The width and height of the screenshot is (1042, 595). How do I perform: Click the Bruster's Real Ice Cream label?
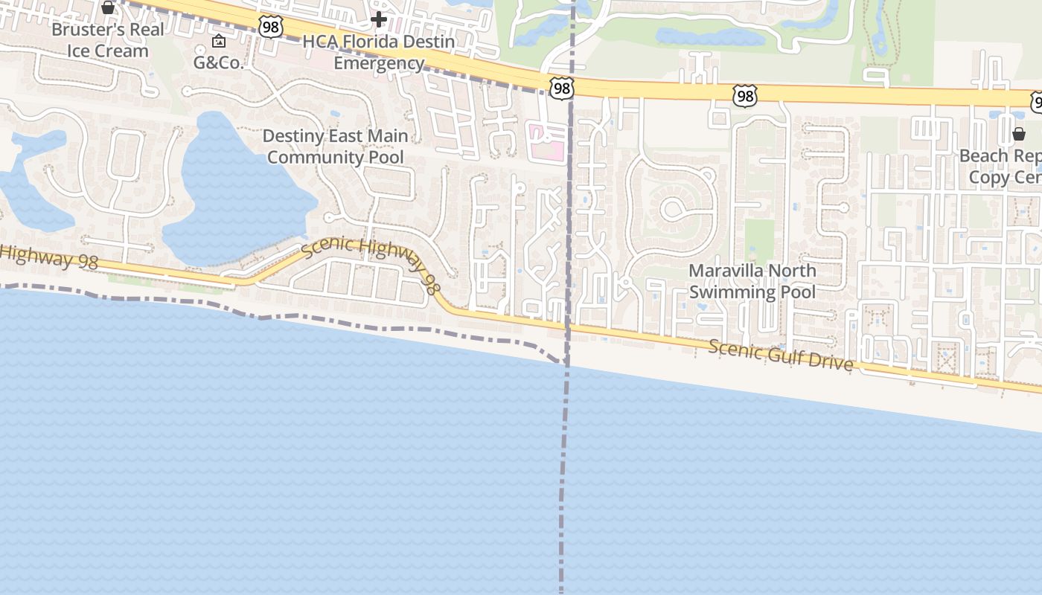(108, 40)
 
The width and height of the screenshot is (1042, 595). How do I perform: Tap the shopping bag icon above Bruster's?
(108, 7)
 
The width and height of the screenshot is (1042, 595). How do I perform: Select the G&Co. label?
(219, 62)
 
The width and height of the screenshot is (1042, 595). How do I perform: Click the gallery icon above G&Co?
(219, 41)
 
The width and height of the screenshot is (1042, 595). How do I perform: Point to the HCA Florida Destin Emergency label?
(379, 52)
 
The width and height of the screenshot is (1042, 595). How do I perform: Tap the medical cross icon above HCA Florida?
(379, 19)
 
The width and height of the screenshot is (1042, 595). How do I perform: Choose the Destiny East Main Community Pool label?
(336, 147)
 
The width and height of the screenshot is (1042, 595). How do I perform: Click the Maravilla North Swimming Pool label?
(752, 281)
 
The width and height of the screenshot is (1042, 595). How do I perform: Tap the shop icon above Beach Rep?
(1019, 134)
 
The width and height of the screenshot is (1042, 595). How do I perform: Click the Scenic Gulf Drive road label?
(781, 355)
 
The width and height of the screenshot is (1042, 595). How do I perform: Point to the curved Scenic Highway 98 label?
(369, 260)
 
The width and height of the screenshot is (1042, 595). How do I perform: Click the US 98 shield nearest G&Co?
(271, 27)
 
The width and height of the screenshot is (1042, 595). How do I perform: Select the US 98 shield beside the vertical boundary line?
(562, 89)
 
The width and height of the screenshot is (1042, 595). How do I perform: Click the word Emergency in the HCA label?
(379, 63)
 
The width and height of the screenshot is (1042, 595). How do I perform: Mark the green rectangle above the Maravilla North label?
(759, 238)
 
